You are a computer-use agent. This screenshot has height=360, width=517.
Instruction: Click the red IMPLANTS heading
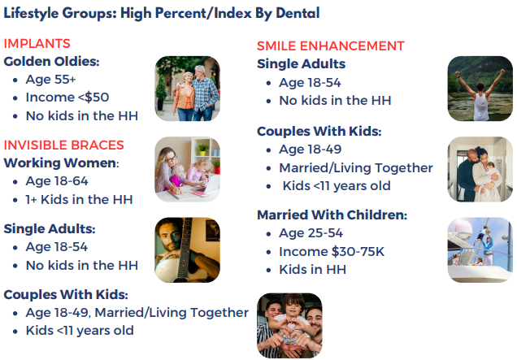coord(37,44)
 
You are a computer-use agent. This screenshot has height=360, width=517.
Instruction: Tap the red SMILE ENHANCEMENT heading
coord(330,46)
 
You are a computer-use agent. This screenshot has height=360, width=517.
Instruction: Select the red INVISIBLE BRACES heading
coord(63,145)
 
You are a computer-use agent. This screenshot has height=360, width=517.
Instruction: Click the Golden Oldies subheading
coord(51,62)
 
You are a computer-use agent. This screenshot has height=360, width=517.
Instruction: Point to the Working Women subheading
coord(61,163)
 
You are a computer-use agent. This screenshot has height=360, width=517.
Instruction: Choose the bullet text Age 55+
coord(50,80)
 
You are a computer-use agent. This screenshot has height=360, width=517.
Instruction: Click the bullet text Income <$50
coord(67,98)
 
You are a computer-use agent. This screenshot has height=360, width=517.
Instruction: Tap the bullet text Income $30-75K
coord(332,252)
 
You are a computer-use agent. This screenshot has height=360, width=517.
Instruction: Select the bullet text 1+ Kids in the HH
coord(79,199)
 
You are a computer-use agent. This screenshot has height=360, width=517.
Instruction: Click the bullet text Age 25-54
coord(311,233)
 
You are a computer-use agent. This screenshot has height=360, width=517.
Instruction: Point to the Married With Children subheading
coord(332,215)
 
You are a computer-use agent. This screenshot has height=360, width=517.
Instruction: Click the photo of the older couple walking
coord(187,89)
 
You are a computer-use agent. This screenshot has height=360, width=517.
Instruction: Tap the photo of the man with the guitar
coord(187,250)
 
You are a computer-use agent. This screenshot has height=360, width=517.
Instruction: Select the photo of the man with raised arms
coord(480,89)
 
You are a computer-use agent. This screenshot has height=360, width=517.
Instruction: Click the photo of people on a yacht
coord(480,250)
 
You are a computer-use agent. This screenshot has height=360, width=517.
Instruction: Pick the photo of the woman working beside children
coord(187,169)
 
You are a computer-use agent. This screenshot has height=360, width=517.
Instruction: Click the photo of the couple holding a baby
coord(480,169)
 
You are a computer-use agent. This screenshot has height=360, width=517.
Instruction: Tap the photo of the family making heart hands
coord(289,326)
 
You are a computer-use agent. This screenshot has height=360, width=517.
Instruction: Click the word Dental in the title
coord(298,13)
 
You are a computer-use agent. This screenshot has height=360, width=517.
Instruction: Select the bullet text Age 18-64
coord(57,181)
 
